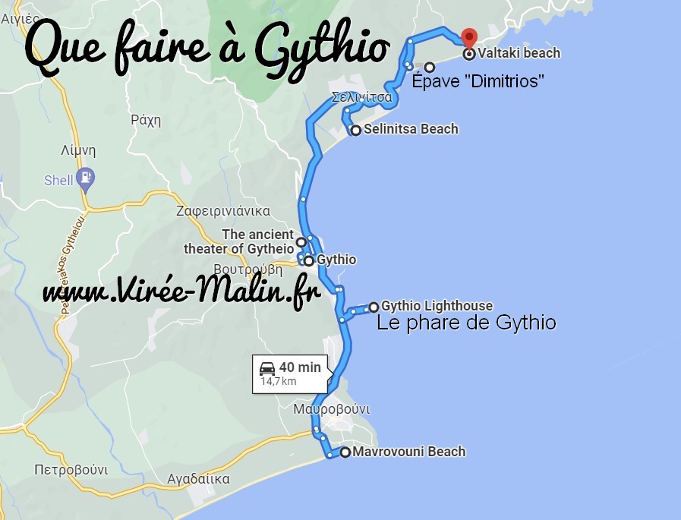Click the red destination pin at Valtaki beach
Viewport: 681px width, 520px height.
pyautogui.click(x=469, y=36)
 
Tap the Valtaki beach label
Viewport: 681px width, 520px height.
pyautogui.click(x=519, y=53)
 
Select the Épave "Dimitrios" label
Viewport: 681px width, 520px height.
pyautogui.click(x=478, y=81)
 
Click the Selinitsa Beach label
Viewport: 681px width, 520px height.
pyautogui.click(x=411, y=129)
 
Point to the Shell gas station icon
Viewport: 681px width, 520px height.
pyautogui.click(x=87, y=179)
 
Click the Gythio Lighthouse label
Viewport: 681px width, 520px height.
pyautogui.click(x=437, y=306)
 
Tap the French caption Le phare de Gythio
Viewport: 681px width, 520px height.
pyautogui.click(x=466, y=323)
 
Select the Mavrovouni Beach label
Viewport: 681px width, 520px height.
pyautogui.click(x=408, y=452)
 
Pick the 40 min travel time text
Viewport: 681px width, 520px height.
pyautogui.click(x=300, y=367)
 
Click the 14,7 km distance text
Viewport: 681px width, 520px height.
pyautogui.click(x=279, y=381)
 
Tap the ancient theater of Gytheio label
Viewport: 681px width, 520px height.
pyautogui.click(x=238, y=241)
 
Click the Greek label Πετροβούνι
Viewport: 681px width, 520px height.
pyautogui.click(x=71, y=470)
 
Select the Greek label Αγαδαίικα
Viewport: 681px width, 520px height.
pyautogui.click(x=198, y=479)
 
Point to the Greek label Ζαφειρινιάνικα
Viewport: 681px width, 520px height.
pyautogui.click(x=223, y=211)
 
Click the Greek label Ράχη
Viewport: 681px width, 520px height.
pyautogui.click(x=147, y=119)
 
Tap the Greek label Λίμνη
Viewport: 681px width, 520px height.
pyautogui.click(x=78, y=150)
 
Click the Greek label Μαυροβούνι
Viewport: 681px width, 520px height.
pyautogui.click(x=332, y=409)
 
